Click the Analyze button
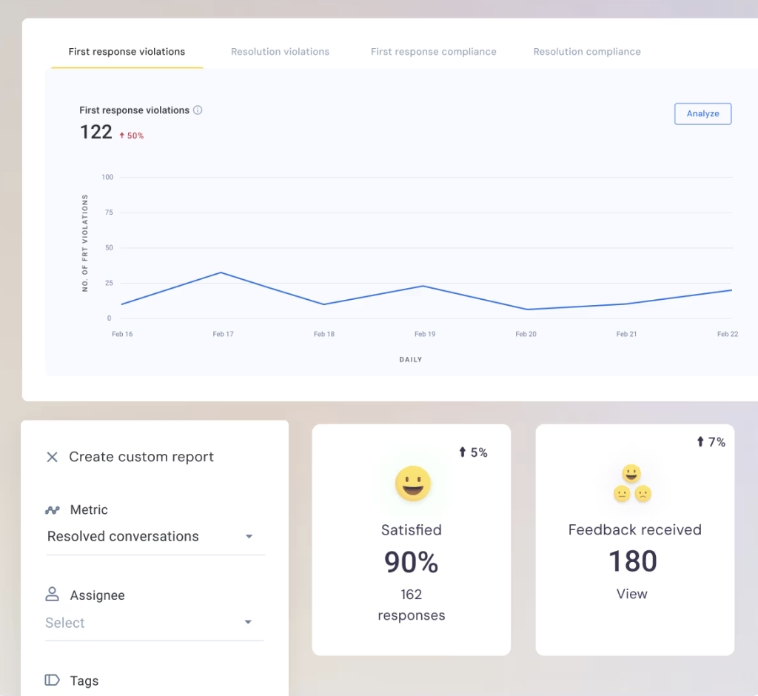tap(702, 113)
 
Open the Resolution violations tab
tap(280, 52)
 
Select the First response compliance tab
tap(433, 52)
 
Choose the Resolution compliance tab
tap(587, 52)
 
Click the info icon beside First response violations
tap(198, 110)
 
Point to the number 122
tap(96, 133)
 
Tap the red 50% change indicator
tap(132, 136)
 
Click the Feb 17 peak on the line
tap(221, 272)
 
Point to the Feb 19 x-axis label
tap(425, 334)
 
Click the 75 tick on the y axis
tap(109, 213)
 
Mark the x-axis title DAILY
tap(411, 360)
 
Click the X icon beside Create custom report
tap(52, 457)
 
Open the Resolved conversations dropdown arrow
tap(249, 537)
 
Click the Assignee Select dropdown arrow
tap(249, 623)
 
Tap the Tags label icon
tap(52, 680)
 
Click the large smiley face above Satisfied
tap(412, 484)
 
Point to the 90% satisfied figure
tap(411, 563)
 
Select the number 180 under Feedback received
tap(633, 562)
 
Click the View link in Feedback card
tap(632, 594)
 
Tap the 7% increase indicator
tap(711, 442)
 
